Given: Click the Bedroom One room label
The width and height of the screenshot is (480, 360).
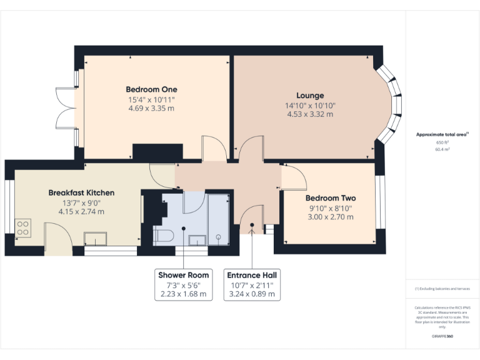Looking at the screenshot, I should [151, 89].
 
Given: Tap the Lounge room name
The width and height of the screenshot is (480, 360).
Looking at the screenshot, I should [310, 96].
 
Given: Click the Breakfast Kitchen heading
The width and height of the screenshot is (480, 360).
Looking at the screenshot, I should [81, 192].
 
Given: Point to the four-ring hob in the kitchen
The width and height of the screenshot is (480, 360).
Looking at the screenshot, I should [24, 226].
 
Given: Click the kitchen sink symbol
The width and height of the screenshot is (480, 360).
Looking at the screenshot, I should [96, 238].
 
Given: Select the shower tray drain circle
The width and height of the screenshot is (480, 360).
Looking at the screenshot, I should [218, 237].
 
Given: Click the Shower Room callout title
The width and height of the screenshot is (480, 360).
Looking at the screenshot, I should [183, 275].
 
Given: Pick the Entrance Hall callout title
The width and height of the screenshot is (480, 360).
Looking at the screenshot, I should [252, 275].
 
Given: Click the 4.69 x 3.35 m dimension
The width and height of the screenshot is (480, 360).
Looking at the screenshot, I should [151, 108].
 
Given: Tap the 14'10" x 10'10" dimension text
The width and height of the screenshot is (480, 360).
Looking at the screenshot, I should [310, 105].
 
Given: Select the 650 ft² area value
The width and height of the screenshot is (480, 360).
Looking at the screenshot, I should [442, 142].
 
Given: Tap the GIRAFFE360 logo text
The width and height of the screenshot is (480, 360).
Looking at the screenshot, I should [442, 337].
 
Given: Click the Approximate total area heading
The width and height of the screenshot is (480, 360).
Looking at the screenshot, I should [442, 134].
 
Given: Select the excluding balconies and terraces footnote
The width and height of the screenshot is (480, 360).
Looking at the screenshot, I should [442, 289].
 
